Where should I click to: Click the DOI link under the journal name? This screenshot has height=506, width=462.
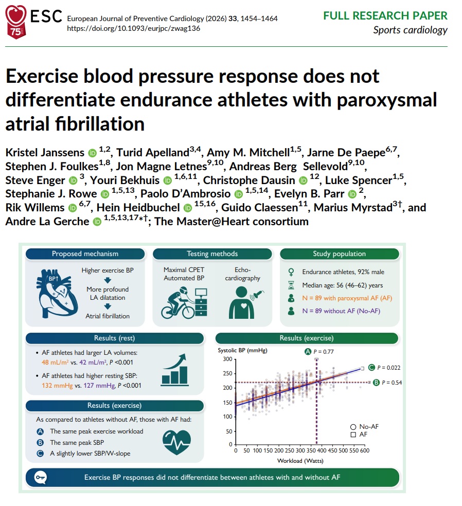[134, 28]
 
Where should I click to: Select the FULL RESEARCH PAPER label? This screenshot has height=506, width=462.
[385, 15]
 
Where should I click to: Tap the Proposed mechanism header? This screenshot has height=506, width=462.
[85, 254]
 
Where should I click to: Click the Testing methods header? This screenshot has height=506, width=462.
[212, 254]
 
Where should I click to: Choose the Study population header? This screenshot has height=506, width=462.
[340, 254]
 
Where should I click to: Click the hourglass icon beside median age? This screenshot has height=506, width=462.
[291, 285]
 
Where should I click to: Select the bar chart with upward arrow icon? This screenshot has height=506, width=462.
[174, 370]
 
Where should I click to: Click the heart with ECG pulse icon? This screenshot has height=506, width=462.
[176, 442]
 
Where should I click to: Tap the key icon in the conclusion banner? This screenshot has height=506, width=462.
[41, 477]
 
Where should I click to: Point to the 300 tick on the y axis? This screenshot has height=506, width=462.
[227, 359]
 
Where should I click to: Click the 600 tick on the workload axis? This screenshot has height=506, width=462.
[364, 450]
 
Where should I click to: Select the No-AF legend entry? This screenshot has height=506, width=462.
[364, 427]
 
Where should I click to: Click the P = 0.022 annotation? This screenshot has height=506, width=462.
[384, 368]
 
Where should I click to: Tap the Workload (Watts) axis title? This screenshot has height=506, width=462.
[300, 461]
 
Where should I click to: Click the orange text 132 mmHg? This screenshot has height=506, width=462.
[57, 385]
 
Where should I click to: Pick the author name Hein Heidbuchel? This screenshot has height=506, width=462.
[138, 208]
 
